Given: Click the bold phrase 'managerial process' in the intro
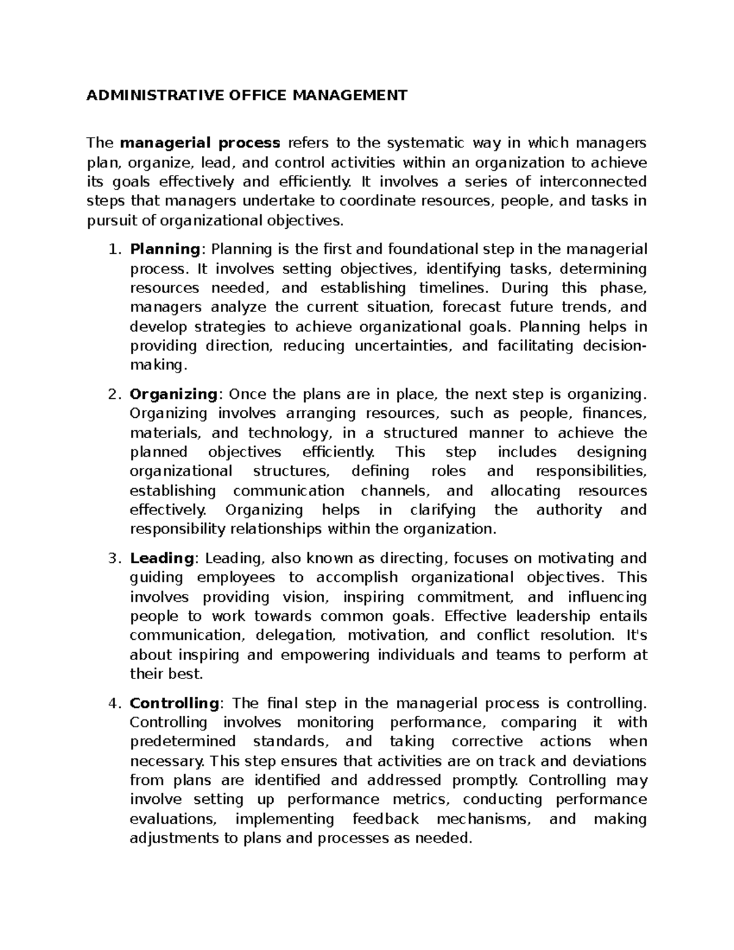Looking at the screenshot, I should pyautogui.click(x=200, y=143).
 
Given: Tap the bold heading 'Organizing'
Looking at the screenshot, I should pyautogui.click(x=174, y=394).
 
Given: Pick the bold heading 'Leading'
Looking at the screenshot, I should pyautogui.click(x=161, y=558).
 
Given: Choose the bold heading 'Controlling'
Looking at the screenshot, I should pyautogui.click(x=174, y=703).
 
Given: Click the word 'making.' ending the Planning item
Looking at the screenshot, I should pyautogui.click(x=157, y=365).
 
